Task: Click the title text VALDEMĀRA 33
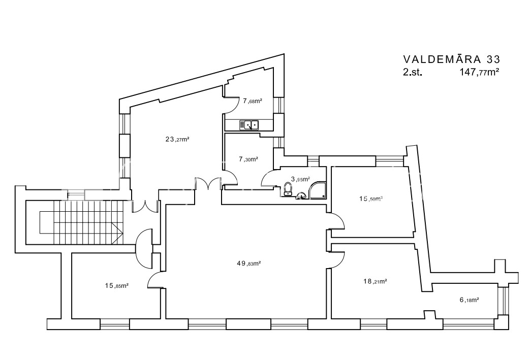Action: [x=452, y=59]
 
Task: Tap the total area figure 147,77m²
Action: [x=479, y=72]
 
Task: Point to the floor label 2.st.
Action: [x=413, y=72]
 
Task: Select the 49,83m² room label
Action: [x=249, y=264]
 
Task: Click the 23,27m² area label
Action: [x=177, y=139]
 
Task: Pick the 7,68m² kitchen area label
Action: [x=253, y=101]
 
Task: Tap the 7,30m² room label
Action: [x=248, y=159]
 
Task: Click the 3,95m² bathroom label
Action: [x=300, y=179]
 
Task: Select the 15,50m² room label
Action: [x=371, y=199]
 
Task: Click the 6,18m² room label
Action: [x=469, y=300]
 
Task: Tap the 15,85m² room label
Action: [x=117, y=286]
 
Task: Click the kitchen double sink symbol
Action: [x=249, y=125]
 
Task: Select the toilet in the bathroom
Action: [x=288, y=189]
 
